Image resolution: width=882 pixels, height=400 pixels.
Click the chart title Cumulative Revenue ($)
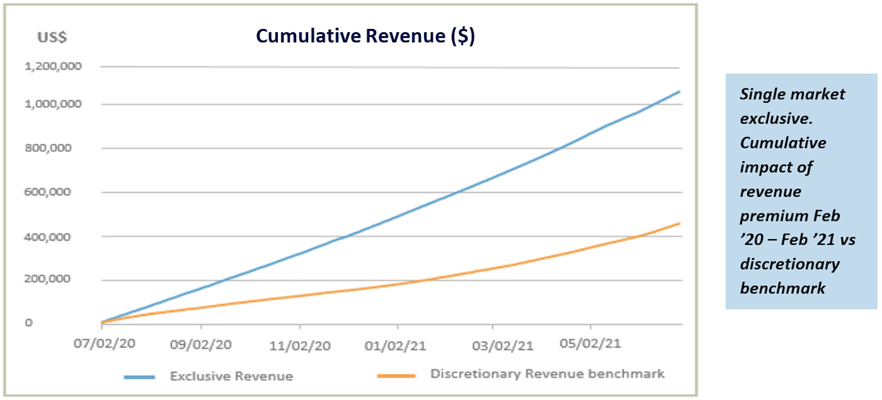coord(365,37)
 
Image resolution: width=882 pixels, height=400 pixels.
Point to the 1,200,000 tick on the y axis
coord(53,66)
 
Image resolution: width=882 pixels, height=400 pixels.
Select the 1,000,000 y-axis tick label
coord(53,104)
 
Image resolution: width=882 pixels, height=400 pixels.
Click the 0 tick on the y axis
coord(29,323)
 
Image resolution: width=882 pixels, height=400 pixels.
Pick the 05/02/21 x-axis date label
coord(590,344)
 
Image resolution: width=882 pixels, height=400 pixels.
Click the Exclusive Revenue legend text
coord(231,377)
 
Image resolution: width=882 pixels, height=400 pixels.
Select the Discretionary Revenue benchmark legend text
coord(547,374)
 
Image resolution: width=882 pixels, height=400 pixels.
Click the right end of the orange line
coord(679,223)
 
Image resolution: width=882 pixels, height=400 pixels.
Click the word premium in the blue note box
coord(772,216)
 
